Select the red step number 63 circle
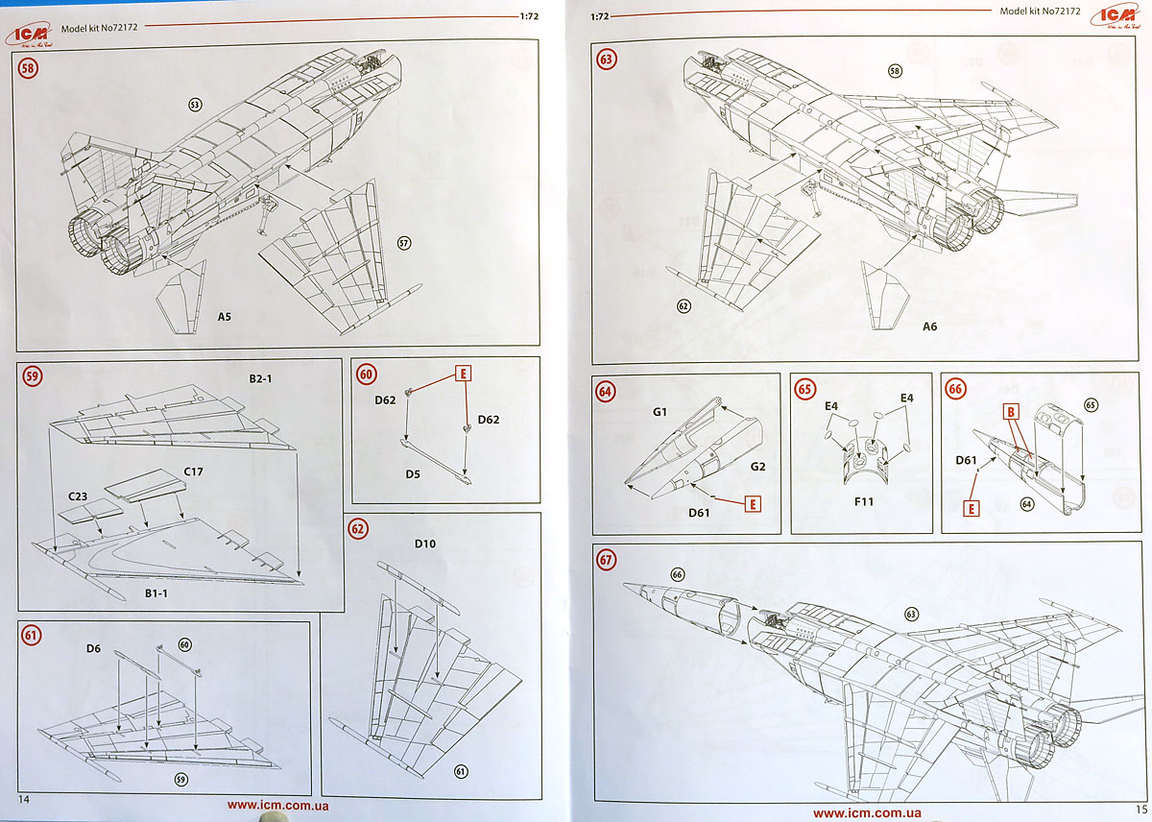607,59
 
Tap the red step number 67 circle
606,560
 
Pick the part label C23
79,497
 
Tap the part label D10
425,544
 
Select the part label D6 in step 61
93,649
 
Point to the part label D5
413,473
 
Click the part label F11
860,500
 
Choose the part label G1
660,411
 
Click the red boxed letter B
1011,412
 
